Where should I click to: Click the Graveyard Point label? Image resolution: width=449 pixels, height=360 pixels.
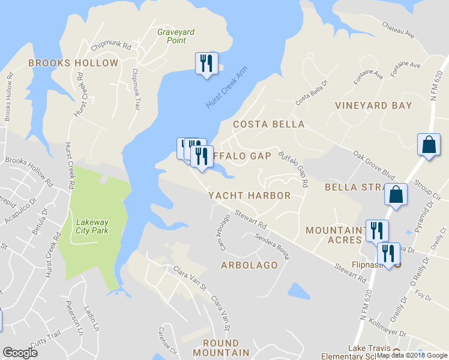(x=171, y=36)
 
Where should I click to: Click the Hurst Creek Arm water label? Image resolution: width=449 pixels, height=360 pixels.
(x=226, y=88)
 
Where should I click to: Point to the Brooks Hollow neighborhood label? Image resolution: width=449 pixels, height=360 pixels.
(x=73, y=63)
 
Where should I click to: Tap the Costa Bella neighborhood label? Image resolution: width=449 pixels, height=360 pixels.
(x=268, y=124)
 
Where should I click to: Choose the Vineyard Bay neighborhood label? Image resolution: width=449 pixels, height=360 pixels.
(x=373, y=106)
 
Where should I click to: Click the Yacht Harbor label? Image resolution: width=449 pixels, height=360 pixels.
(x=249, y=196)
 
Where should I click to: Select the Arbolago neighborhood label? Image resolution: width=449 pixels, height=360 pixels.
(x=249, y=265)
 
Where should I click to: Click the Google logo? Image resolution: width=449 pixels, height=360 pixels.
(x=20, y=353)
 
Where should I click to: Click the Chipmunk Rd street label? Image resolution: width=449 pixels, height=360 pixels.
(x=111, y=46)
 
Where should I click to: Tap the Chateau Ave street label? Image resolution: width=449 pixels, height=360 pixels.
(x=398, y=29)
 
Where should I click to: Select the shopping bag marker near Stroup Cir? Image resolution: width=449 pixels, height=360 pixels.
(x=429, y=145)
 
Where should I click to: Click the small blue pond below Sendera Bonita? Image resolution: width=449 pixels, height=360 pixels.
(x=298, y=291)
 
